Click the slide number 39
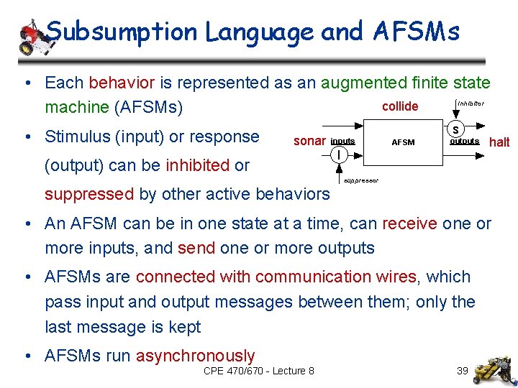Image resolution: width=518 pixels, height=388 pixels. [x=463, y=371]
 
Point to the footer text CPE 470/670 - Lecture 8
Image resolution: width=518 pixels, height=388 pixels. [x=259, y=371]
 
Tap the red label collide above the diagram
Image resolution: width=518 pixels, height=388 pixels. [x=400, y=106]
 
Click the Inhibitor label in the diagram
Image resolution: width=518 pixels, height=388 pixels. [x=471, y=103]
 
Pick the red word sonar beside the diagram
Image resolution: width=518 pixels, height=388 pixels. [x=309, y=141]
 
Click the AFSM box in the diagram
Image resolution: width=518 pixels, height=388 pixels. [x=403, y=142]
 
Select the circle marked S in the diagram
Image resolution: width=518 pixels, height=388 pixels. [x=456, y=129]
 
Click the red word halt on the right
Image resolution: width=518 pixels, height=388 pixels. [x=499, y=142]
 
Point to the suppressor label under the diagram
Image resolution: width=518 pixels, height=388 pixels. [x=361, y=180]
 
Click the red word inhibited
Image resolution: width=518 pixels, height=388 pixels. [x=197, y=165]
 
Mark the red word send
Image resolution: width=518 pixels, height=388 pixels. [x=196, y=249]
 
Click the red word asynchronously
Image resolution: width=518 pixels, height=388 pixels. [x=195, y=356]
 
